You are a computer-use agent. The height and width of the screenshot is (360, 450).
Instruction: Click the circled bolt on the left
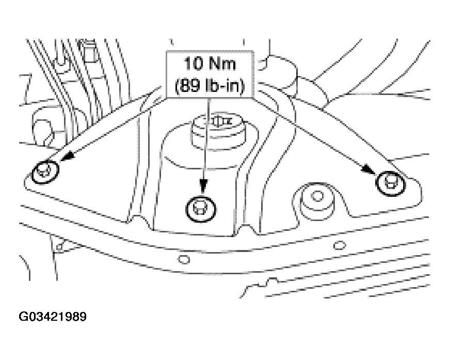click(x=45, y=173)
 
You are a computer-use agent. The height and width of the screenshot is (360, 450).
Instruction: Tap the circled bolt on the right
click(x=391, y=183)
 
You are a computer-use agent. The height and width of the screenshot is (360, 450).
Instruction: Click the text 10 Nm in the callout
click(x=210, y=64)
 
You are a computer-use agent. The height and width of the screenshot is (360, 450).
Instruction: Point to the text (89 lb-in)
click(x=210, y=85)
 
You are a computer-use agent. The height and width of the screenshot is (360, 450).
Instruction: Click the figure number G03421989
click(x=53, y=317)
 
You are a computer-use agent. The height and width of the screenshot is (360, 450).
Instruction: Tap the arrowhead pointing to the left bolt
click(x=67, y=156)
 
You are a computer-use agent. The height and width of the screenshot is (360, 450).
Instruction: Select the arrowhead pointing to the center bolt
click(x=203, y=185)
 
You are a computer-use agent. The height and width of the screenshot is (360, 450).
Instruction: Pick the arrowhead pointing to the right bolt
click(x=368, y=169)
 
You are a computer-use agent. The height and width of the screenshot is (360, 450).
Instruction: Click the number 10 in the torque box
click(x=193, y=64)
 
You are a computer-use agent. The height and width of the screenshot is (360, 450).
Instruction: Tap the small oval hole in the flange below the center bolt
click(x=184, y=260)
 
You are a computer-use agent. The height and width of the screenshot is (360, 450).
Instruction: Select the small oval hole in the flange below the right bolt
click(x=340, y=245)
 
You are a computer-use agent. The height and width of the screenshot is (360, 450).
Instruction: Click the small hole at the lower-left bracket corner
click(x=59, y=247)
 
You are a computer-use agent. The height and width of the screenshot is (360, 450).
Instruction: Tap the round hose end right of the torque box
click(x=280, y=72)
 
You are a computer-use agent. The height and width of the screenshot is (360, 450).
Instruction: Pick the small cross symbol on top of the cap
click(x=218, y=121)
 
